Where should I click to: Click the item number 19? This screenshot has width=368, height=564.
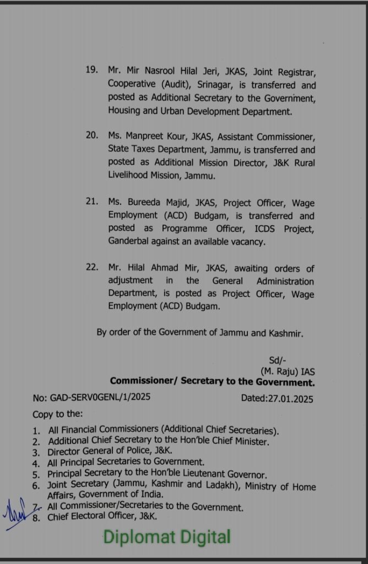tap(91, 70)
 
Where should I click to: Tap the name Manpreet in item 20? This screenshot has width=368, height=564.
tap(148, 136)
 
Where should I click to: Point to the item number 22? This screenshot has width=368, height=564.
tap(91, 268)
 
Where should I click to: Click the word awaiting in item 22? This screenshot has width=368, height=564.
tap(254, 268)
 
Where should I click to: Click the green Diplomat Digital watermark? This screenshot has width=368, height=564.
tap(167, 536)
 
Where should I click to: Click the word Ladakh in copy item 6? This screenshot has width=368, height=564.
tap(220, 486)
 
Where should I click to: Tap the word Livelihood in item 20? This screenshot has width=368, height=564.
tap(130, 176)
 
